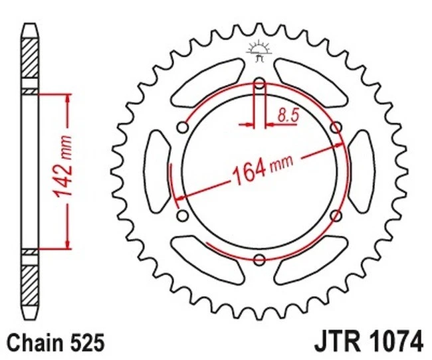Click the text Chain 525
pos(56,343)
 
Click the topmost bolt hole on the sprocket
pos(259,84)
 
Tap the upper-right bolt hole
pos(336,127)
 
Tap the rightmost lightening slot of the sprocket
pos(360,171)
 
